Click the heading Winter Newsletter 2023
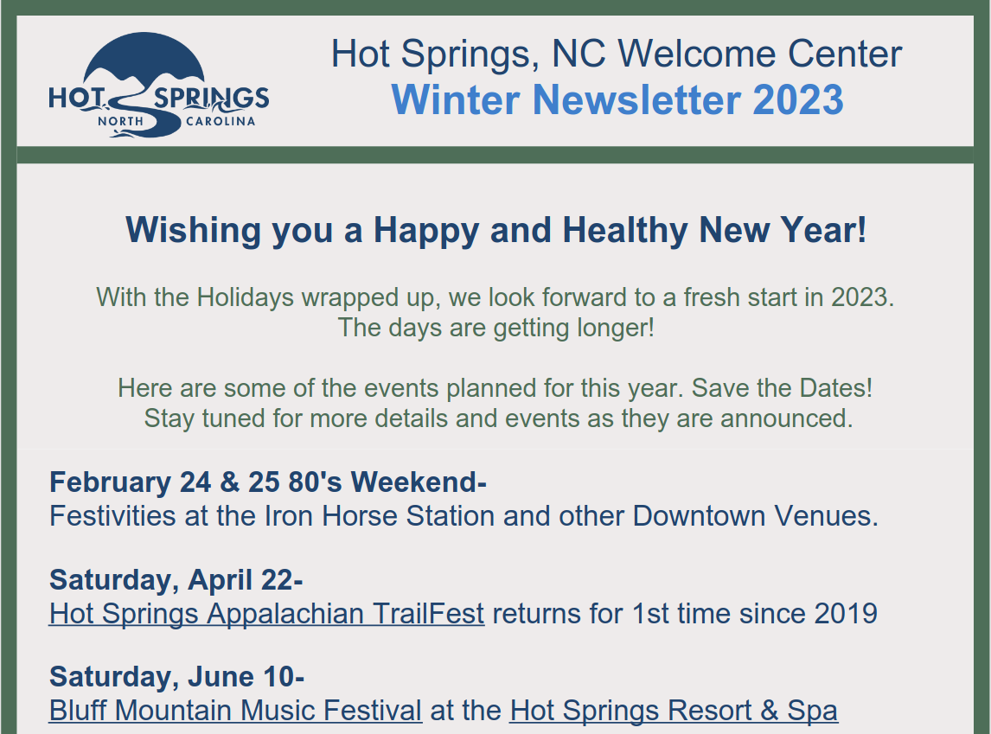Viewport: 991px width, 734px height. tap(617, 99)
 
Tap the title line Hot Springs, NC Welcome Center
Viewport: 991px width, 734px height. tap(617, 54)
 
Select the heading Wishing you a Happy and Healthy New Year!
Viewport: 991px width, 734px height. tap(495, 230)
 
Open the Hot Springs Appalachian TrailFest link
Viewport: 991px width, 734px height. tap(266, 614)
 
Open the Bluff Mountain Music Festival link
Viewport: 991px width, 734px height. tap(235, 711)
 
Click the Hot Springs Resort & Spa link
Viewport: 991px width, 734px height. tap(674, 711)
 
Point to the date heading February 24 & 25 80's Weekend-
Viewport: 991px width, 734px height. tap(268, 482)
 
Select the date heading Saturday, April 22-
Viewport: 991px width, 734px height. tap(176, 579)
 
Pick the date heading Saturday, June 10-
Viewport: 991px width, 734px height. tap(176, 676)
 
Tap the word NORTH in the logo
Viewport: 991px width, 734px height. tap(120, 121)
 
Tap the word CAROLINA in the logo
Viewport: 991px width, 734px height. tap(221, 121)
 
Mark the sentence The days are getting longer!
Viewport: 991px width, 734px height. tap(495, 328)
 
